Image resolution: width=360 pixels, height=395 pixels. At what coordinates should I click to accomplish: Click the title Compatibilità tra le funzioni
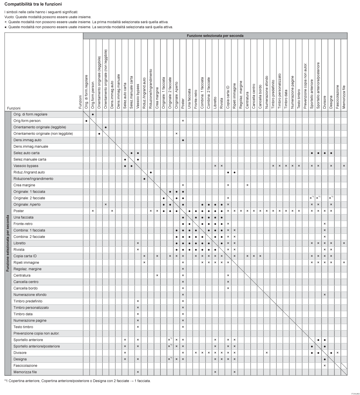coord(33,4)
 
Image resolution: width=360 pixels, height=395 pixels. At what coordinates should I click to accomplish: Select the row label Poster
coord(19,211)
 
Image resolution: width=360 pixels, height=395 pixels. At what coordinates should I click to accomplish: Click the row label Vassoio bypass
coord(26,166)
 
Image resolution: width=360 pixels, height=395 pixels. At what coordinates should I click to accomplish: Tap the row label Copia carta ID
coord(25,256)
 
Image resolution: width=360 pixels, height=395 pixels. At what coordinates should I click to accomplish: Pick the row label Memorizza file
coord(25,372)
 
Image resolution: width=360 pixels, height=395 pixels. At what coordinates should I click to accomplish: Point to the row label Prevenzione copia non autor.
coord(36,333)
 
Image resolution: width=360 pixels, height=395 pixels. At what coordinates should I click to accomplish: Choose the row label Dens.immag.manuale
coord(31,146)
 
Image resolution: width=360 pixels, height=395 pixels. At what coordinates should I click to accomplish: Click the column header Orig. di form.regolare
coord(86,92)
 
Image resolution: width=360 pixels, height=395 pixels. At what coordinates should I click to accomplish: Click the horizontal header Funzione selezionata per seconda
coord(215,36)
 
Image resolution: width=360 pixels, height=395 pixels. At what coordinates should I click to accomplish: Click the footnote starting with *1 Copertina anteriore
coord(78,381)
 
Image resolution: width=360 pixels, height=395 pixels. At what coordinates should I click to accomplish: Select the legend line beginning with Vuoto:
coord(48,17)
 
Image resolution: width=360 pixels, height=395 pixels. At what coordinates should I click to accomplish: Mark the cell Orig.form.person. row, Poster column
coord(183,121)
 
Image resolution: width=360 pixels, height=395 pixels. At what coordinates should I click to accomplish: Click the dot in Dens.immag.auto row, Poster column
coord(183,140)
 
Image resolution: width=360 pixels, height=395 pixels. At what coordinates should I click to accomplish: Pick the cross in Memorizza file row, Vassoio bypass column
coord(138,372)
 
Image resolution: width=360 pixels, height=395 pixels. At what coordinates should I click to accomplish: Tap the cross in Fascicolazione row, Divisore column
coord(325,365)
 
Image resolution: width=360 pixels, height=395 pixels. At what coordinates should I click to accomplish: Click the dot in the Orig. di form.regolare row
coord(93,114)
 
